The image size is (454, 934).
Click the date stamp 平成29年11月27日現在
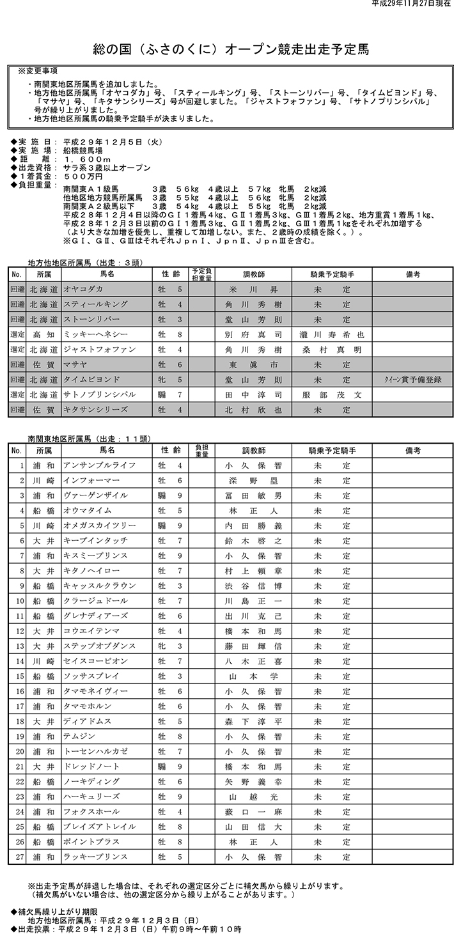(411, 4)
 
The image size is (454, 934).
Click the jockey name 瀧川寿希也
(331, 334)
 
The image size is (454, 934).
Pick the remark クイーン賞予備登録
(412, 379)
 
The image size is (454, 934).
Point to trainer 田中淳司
(253, 394)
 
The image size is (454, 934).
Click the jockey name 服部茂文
(331, 394)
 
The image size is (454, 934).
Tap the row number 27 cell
(18, 857)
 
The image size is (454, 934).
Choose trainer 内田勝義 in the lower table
(253, 526)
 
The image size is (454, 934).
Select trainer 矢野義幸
(253, 781)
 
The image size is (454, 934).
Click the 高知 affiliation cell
(43, 334)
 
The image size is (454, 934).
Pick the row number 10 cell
(18, 601)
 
